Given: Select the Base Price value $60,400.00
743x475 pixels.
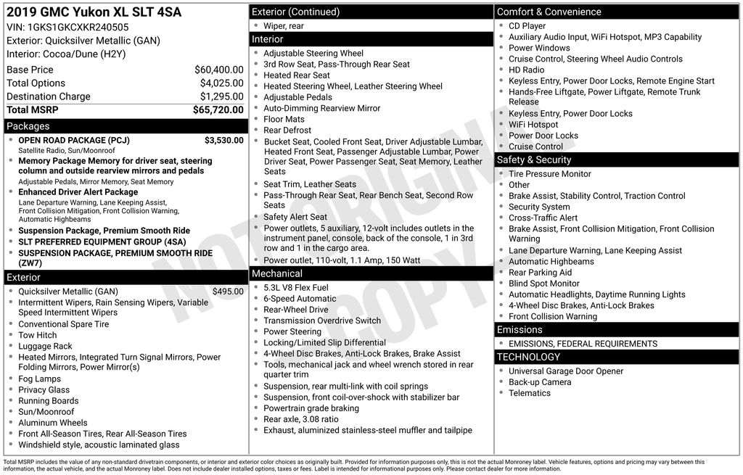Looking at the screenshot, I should coord(218,70).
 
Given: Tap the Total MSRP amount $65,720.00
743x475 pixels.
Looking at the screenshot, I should coord(218,110).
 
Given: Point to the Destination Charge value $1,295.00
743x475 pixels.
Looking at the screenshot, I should coord(221,96).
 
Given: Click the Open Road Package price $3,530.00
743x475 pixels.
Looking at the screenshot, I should coord(223,140).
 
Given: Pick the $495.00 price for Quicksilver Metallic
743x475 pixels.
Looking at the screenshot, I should coord(228,292).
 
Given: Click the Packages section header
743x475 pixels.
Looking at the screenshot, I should coord(28,126).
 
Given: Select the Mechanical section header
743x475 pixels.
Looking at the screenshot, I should coord(276,273).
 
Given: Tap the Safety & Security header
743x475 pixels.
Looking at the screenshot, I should coord(534,160).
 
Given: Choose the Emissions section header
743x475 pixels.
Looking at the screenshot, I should coord(520,329).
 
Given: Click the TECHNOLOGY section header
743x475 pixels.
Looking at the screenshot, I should coord(528,357).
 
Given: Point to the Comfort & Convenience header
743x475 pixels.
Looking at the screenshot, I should coord(549,12).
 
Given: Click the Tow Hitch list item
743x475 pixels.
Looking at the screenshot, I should coord(38,335).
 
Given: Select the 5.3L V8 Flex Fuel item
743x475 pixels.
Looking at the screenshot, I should coord(296,288).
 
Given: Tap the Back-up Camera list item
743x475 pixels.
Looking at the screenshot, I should coord(540,382).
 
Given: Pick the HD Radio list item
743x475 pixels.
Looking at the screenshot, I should coord(526,70).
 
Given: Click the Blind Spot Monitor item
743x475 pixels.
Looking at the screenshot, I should coord(543,284).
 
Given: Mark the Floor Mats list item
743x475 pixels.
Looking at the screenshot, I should coord(284,119).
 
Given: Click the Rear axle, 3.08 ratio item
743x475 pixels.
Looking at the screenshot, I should coord(300,419).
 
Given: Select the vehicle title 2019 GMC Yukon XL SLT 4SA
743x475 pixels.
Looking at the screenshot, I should coord(94,12).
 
